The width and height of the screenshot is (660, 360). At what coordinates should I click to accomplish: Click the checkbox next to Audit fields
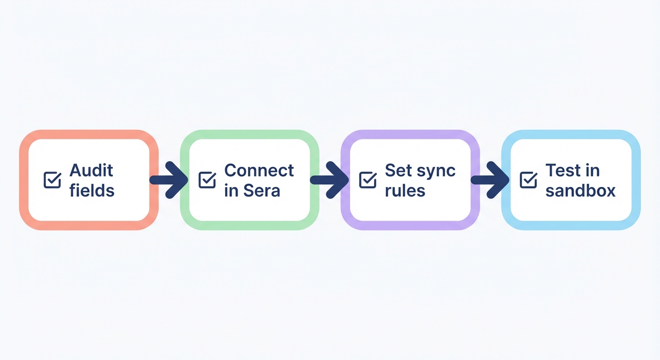pos(52,180)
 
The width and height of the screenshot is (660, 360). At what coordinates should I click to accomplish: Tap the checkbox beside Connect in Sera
pos(207,180)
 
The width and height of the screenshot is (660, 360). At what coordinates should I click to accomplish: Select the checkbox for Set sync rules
pos(367,180)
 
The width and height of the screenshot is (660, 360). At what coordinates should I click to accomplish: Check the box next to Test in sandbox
pos(529,180)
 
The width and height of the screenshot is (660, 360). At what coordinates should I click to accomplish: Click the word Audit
pos(91,170)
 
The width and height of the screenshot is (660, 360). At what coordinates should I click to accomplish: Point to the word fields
pos(92,191)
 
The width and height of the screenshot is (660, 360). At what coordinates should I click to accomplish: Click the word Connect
pos(259,170)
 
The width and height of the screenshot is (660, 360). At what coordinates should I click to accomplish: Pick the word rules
pos(405,191)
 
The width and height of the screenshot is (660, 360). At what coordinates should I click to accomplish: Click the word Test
pos(562,170)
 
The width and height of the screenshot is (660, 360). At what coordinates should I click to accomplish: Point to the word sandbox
pos(580,191)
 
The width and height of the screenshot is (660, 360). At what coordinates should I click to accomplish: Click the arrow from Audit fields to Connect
pos(169,180)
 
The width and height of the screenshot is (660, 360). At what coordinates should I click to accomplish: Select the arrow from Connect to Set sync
pos(330,180)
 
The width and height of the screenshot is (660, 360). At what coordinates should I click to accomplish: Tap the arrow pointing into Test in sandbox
pos(490,180)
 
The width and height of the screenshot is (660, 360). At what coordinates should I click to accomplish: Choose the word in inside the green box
pos(231,191)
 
